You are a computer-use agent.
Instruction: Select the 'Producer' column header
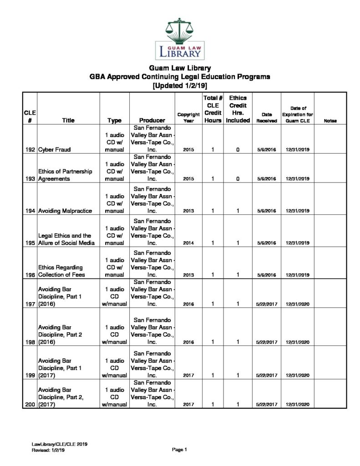[x=152, y=121]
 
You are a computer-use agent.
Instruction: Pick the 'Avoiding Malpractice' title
[x=65, y=211]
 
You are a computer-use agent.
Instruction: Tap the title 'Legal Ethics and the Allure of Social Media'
[x=66, y=239]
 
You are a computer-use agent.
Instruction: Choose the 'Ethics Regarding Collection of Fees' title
[x=61, y=271]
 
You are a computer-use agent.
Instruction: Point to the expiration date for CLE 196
[x=298, y=275]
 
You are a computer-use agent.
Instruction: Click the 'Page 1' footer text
[x=180, y=450]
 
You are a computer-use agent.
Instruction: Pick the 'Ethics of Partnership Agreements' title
[x=65, y=175]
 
